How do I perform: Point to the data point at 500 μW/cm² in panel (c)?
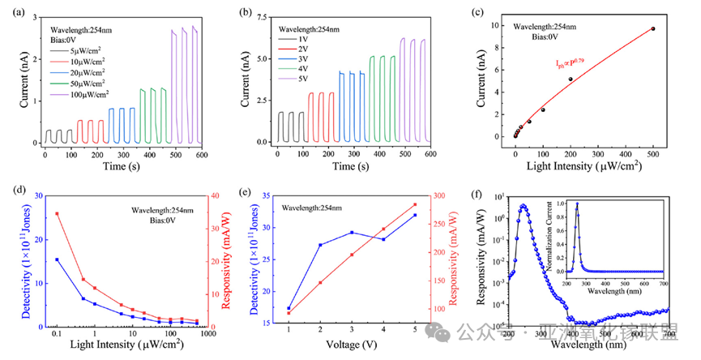[x=653, y=28]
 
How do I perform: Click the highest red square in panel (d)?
[x=57, y=213]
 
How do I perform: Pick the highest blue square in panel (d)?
[x=57, y=259]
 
